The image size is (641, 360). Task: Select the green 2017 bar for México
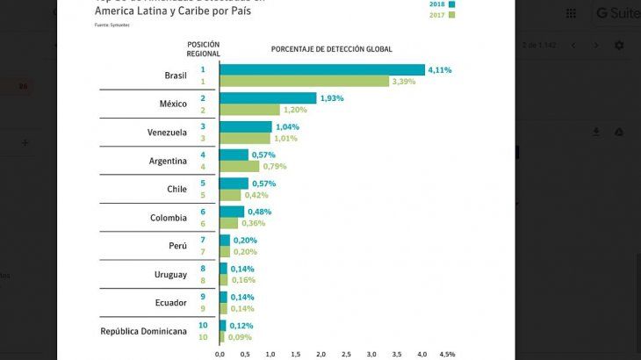(x=249, y=110)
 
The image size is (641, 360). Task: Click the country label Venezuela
(x=167, y=133)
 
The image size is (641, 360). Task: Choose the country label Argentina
(x=169, y=161)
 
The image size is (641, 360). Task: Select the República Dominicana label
(x=144, y=331)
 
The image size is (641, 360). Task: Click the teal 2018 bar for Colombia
(x=232, y=212)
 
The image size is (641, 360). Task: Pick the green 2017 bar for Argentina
(x=239, y=166)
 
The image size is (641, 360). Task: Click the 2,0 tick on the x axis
(x=321, y=354)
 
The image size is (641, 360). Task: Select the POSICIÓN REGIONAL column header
(x=203, y=47)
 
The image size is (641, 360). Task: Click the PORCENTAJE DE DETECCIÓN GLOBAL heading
(x=331, y=48)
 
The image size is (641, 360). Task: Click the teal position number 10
(x=202, y=326)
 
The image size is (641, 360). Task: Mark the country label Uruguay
(x=170, y=275)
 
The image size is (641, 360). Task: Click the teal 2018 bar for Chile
(x=234, y=184)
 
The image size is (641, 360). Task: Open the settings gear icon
(x=619, y=46)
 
